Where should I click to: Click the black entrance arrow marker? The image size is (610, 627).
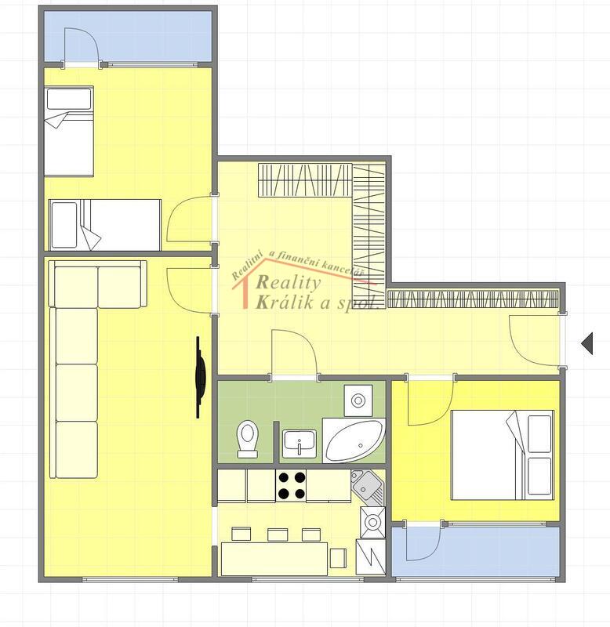[587, 343]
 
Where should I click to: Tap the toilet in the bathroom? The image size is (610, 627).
[247, 439]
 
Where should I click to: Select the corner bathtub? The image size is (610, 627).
[354, 440]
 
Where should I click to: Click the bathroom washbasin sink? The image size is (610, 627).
[300, 444]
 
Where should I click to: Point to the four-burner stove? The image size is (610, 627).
[291, 485]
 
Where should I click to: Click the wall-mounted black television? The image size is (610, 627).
[200, 377]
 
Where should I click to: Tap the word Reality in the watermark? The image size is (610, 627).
[289, 282]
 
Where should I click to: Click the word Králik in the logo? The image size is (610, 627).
[285, 303]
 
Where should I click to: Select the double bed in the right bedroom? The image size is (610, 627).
[503, 455]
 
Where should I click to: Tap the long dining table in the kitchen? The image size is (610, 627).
[274, 559]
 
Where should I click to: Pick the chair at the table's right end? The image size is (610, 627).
[338, 558]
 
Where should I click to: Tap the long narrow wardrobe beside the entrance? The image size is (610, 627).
[473, 299]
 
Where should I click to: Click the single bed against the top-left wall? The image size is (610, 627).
[69, 131]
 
